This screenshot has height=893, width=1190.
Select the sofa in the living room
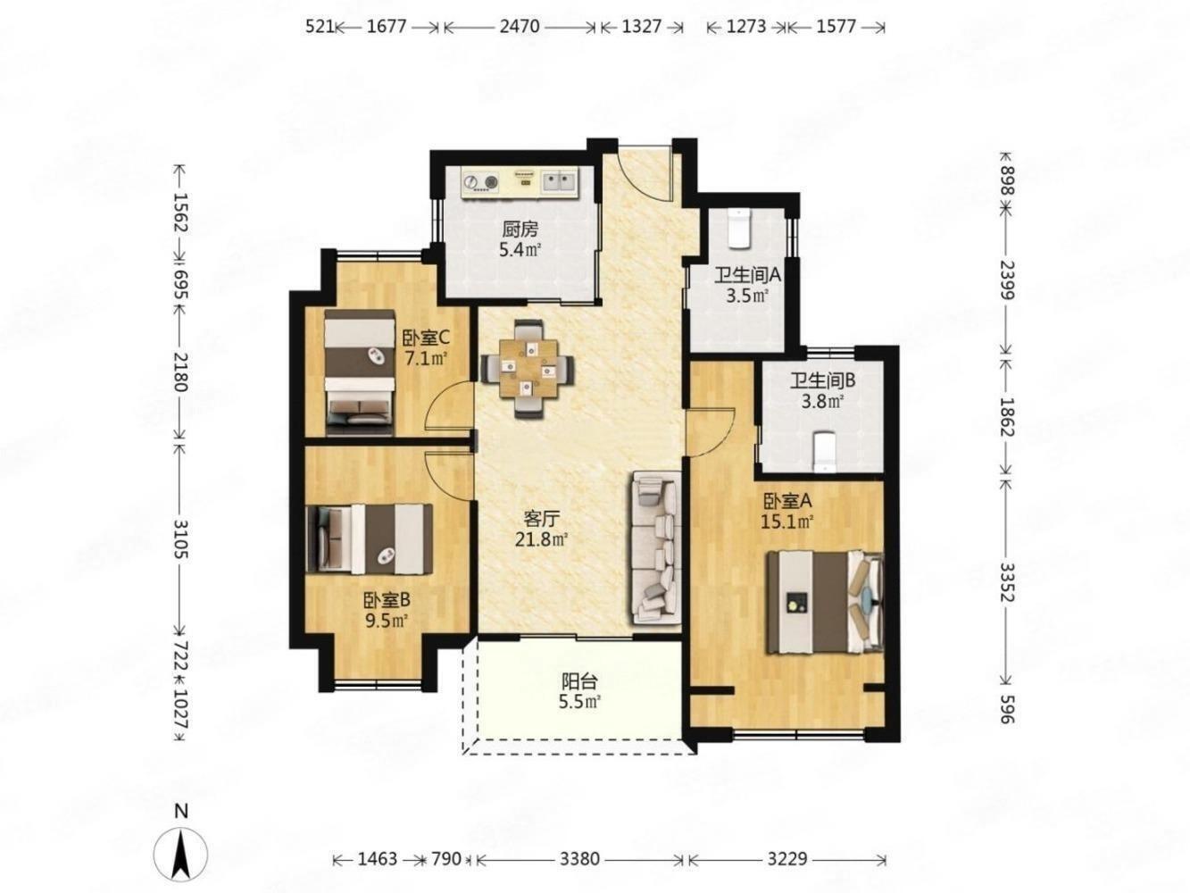(655, 548)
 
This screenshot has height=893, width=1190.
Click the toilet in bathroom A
(740, 229)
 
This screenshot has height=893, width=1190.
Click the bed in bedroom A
(824, 602)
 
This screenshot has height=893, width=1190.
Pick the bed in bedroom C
(359, 372)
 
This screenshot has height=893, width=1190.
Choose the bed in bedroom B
(370, 538)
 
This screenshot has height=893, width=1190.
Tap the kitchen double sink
(559, 180)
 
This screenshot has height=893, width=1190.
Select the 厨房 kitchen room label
(520, 230)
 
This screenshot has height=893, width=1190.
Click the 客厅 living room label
(541, 519)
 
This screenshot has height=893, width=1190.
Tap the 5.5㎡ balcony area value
(579, 702)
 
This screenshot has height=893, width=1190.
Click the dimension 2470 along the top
(520, 26)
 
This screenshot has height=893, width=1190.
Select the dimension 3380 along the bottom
(580, 859)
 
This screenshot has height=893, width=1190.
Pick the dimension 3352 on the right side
(1006, 583)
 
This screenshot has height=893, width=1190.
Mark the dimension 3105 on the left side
(180, 539)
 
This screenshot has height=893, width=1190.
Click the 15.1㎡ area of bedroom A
(788, 522)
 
